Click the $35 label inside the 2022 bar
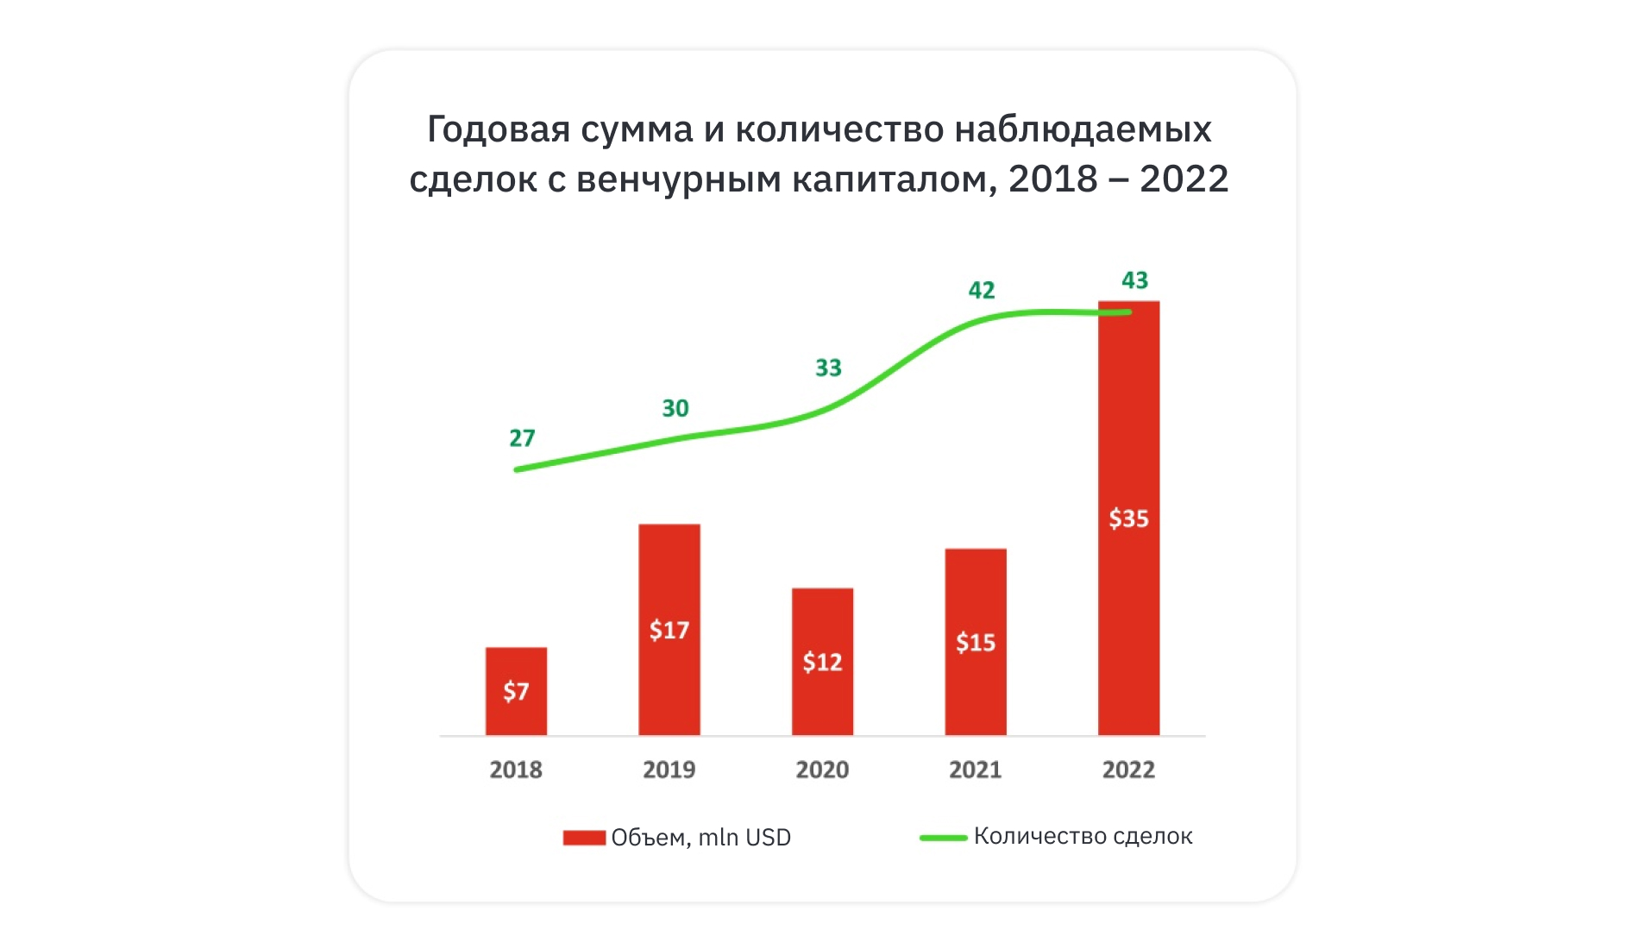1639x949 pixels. [1128, 518]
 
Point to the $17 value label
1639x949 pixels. [669, 630]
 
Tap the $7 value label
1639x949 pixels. [516, 691]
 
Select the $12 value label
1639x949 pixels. [822, 662]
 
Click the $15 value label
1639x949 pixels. [976, 643]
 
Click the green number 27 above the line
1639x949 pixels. [522, 438]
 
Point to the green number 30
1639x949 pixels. [675, 408]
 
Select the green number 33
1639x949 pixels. [828, 368]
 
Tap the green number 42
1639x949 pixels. [982, 290]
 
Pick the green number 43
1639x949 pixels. [1134, 280]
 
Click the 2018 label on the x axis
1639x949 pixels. [516, 770]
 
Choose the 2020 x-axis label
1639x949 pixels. [822, 770]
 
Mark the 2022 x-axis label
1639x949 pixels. [1128, 770]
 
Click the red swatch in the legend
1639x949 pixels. [584, 838]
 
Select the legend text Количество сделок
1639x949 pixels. [1083, 836]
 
